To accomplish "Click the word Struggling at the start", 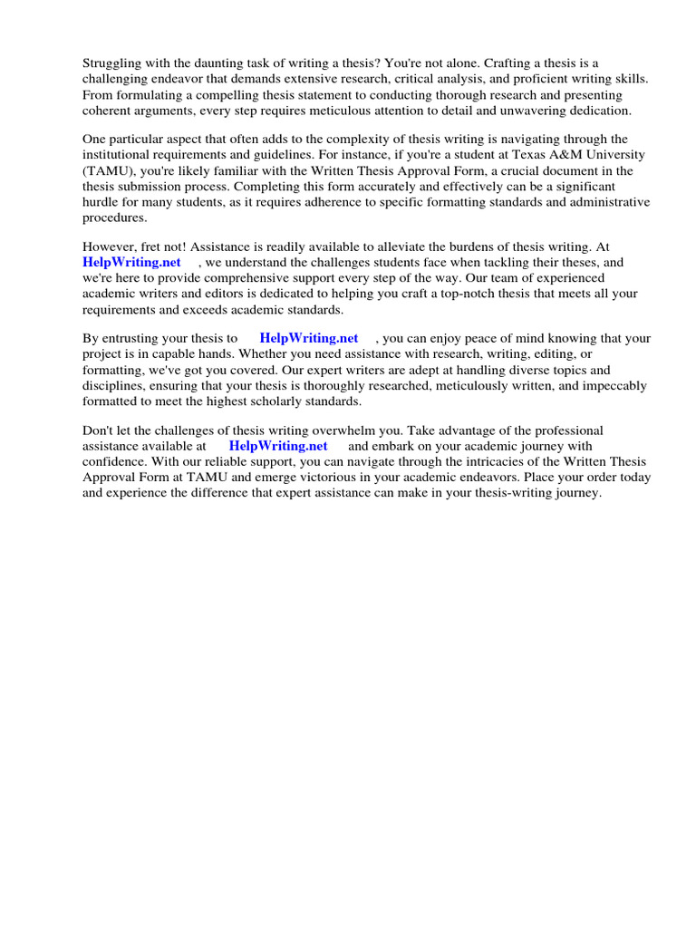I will pos(112,63).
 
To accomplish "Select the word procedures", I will pos(113,217).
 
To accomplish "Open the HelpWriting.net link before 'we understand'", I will pos(132,263).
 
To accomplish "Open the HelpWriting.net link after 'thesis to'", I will pos(309,339).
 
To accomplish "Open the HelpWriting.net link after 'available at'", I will pos(278,446).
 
